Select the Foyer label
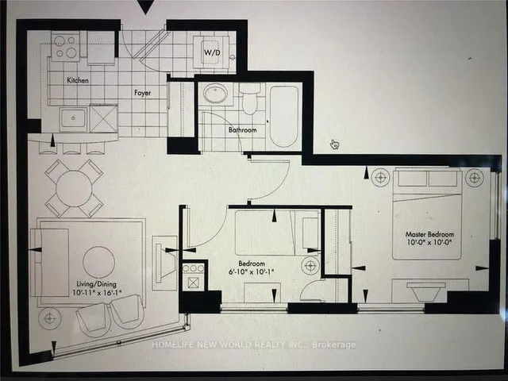142,91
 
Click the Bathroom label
242,129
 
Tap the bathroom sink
215,95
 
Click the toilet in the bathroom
250,100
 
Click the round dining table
74,188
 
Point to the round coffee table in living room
99,262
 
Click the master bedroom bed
427,213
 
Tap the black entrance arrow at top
144,7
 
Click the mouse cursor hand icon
335,144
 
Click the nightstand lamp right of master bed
475,177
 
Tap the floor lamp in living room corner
50,318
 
